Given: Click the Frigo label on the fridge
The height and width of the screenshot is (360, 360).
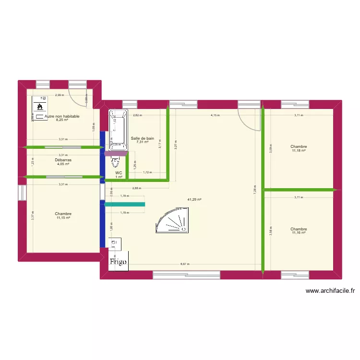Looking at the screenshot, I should coord(118,262).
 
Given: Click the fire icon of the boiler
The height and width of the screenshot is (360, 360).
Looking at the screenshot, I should coord(39,105).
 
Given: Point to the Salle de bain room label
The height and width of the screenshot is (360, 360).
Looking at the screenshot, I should coord(143,138).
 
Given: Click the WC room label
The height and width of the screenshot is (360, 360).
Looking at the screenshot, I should coord(119,173).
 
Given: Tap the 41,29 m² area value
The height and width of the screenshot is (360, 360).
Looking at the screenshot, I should coord(194,200).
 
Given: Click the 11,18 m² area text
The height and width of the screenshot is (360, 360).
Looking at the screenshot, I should coord(299,151).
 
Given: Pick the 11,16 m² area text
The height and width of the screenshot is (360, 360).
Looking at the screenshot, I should coord(299,233).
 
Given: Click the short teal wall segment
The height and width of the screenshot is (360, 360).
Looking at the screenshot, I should coord(125,204).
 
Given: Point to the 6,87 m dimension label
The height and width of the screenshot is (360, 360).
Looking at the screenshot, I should coord(184,264).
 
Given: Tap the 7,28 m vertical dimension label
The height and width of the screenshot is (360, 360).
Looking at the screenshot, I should coord(255,191).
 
